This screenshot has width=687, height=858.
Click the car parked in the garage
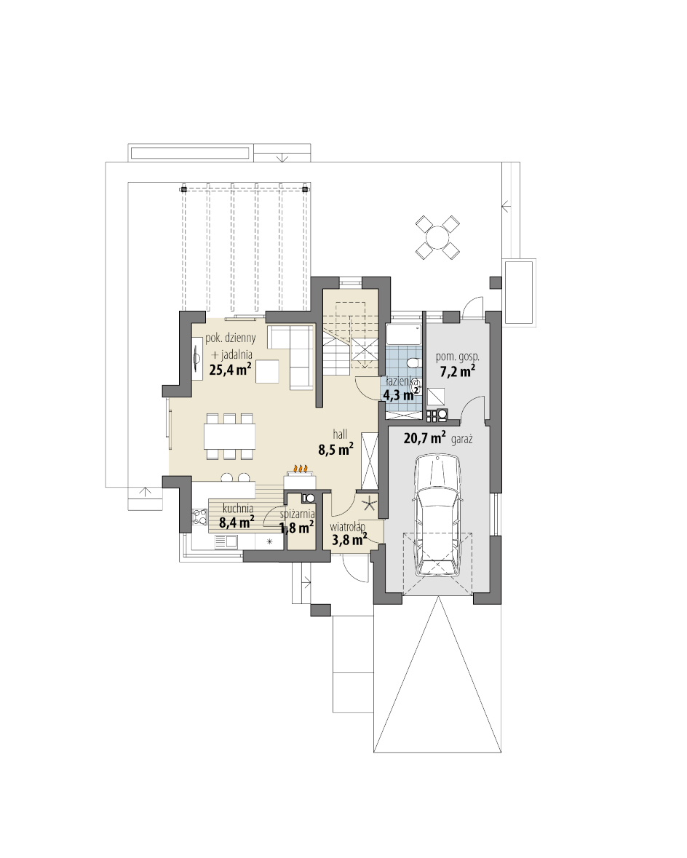437,515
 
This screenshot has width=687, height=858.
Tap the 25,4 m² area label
231,370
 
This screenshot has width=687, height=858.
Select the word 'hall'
340,434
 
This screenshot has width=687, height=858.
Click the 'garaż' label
462,439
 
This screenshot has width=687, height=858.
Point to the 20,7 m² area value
424,437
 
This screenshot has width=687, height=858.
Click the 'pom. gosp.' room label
458,357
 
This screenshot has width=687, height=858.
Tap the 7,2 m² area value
458,372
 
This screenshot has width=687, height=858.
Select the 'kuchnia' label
238,509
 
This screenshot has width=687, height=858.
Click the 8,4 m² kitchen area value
237,522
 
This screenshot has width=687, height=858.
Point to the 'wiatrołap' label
348,528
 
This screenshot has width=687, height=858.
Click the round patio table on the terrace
437,237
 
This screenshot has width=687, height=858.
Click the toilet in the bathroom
414,362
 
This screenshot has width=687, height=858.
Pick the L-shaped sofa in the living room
290,356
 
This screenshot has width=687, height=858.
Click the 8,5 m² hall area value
335,450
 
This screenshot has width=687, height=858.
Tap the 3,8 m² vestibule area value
349,540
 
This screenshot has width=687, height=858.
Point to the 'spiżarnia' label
297,515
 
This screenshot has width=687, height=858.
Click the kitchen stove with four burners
199,517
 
